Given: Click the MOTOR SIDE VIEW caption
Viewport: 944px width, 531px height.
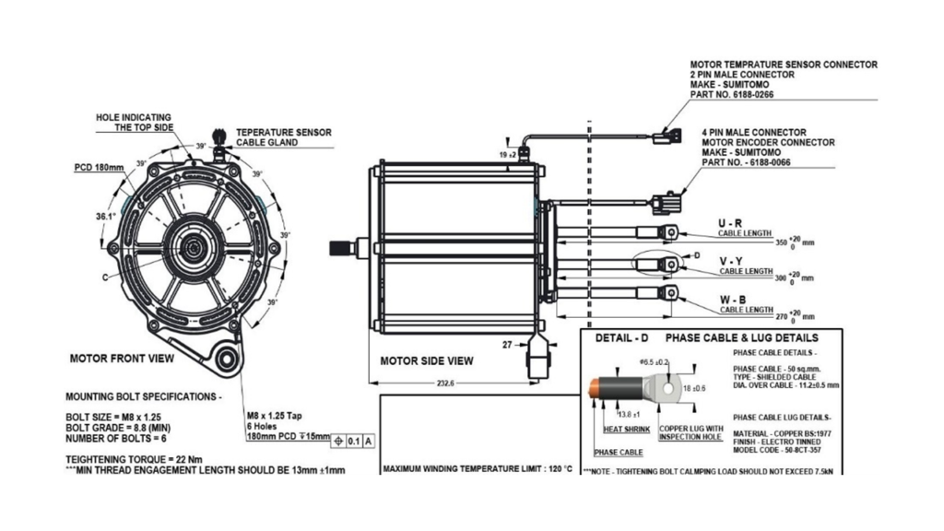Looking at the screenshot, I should (427, 360).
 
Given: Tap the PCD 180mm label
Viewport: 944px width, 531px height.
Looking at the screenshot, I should (98, 169).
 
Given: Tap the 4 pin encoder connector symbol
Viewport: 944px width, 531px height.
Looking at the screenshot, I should (664, 204).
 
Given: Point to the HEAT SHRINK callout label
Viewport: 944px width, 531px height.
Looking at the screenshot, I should (626, 430).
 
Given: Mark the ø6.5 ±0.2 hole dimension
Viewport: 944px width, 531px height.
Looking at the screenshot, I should (652, 362).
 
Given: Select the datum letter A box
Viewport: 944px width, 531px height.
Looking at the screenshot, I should (370, 440).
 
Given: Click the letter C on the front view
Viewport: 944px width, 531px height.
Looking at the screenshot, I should (105, 276).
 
